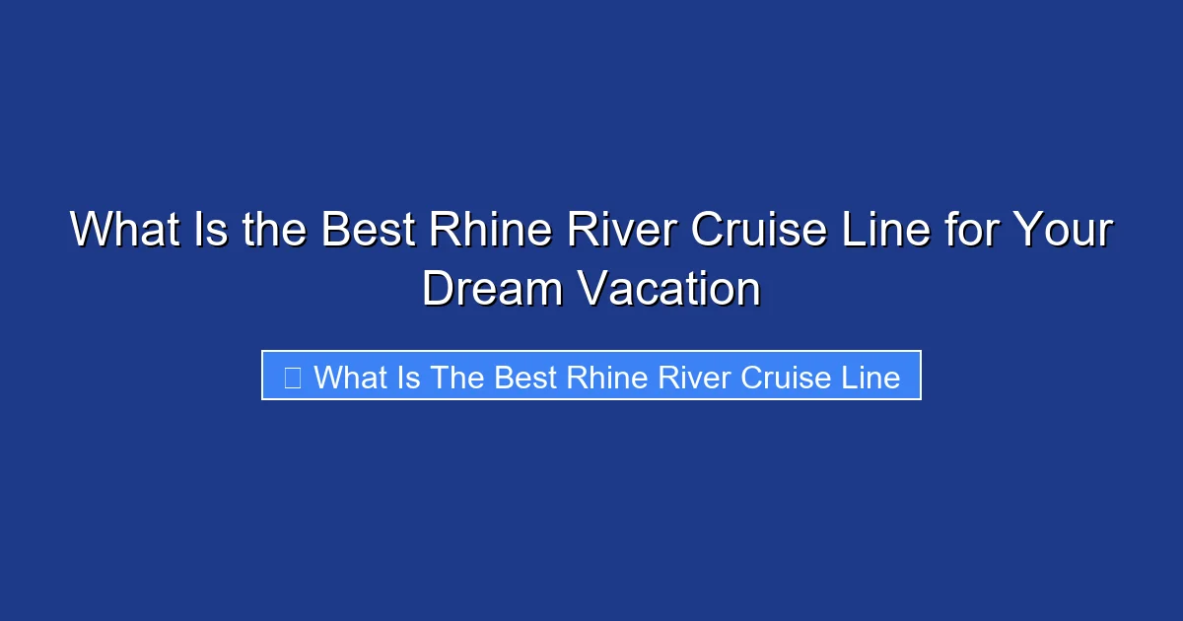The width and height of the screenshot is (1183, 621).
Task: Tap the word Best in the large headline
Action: click(366, 232)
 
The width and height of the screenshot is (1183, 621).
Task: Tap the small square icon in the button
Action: click(292, 377)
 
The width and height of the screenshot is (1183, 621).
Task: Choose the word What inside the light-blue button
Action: click(351, 378)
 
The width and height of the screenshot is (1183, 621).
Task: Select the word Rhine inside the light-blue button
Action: click(598, 378)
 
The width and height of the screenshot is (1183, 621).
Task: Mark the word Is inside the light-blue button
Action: click(409, 378)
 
